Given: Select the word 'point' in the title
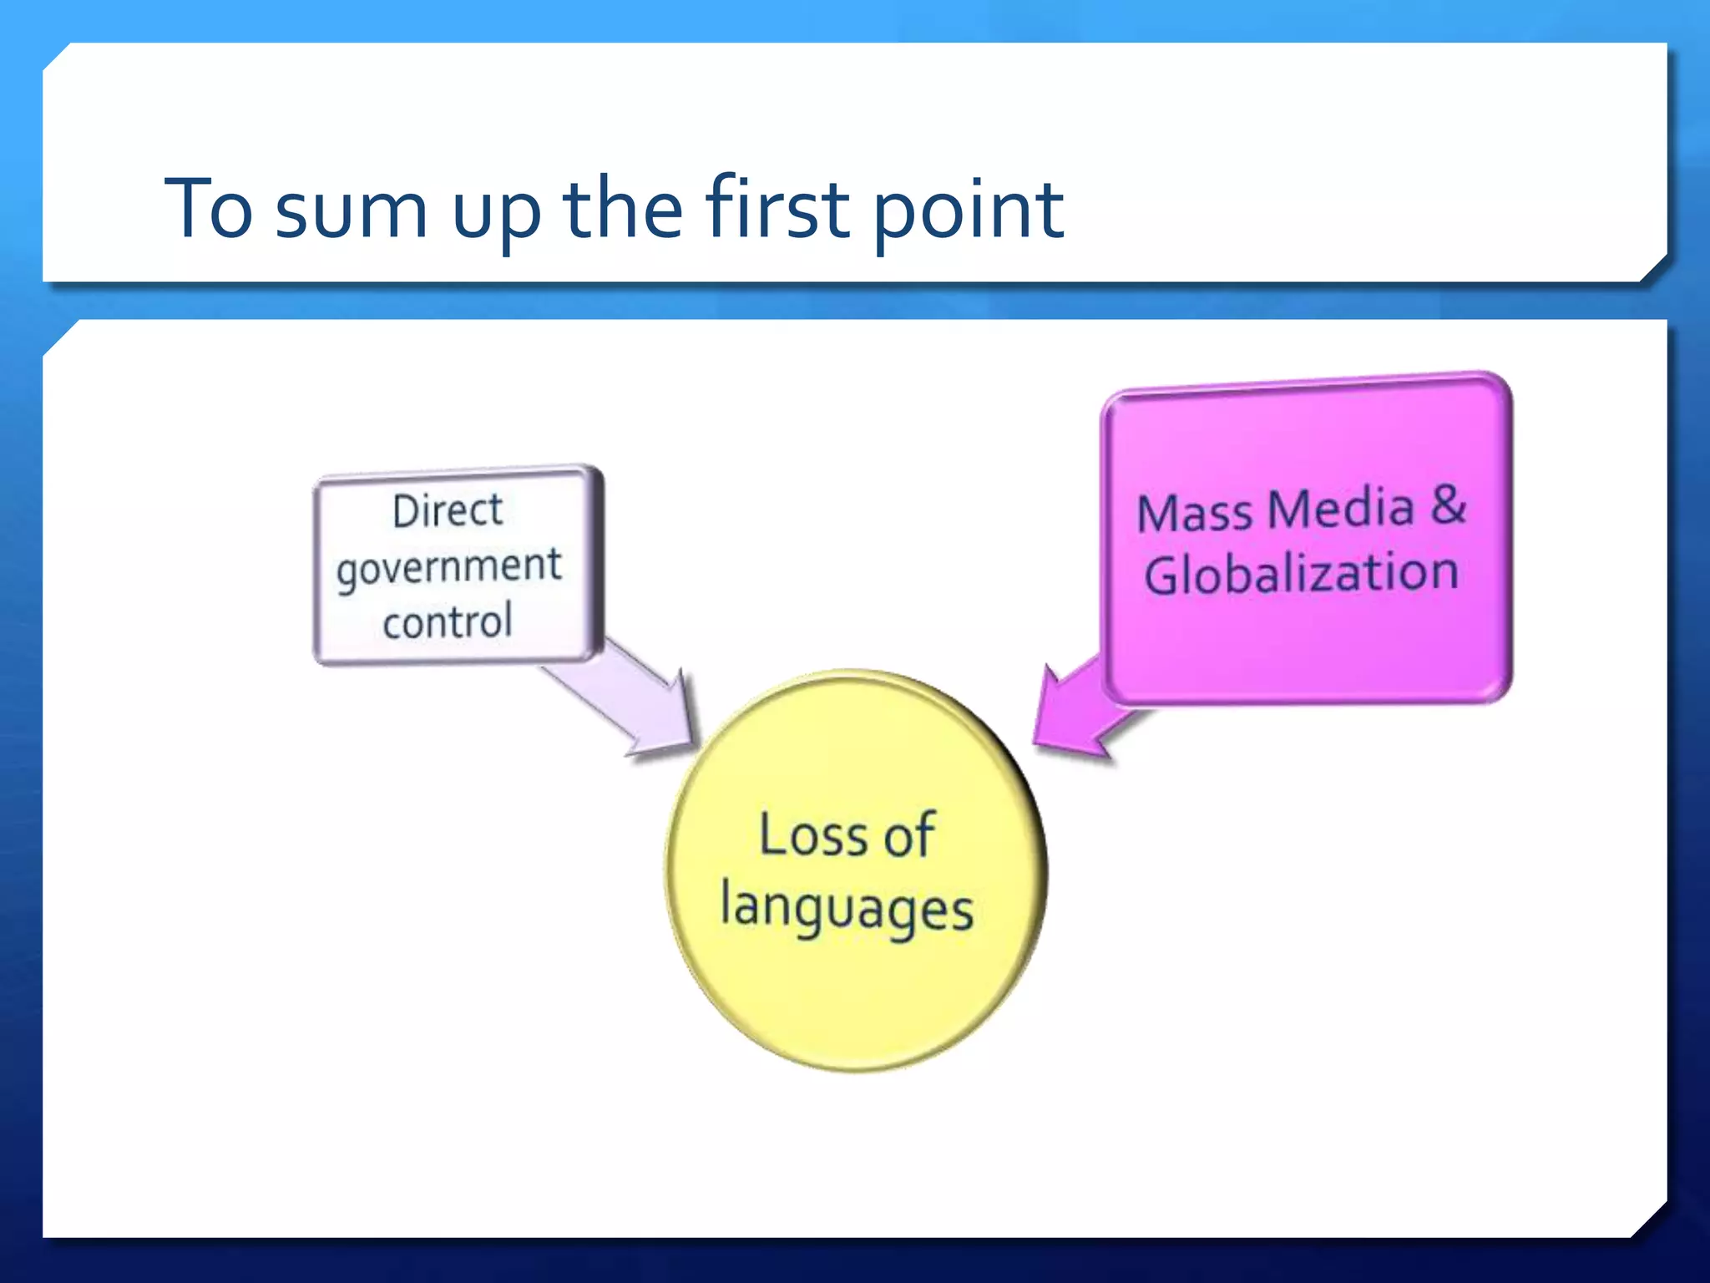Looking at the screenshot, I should [x=969, y=213].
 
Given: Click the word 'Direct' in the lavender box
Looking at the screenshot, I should [x=448, y=510].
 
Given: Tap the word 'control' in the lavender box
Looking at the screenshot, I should [x=448, y=621].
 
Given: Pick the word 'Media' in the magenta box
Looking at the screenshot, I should [x=1344, y=509].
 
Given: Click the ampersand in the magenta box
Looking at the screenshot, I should [x=1449, y=505].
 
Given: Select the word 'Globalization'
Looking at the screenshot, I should [x=1301, y=575].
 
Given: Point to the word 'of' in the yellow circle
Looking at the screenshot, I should [x=908, y=835].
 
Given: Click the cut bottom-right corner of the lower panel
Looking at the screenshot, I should [x=1650, y=1220].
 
